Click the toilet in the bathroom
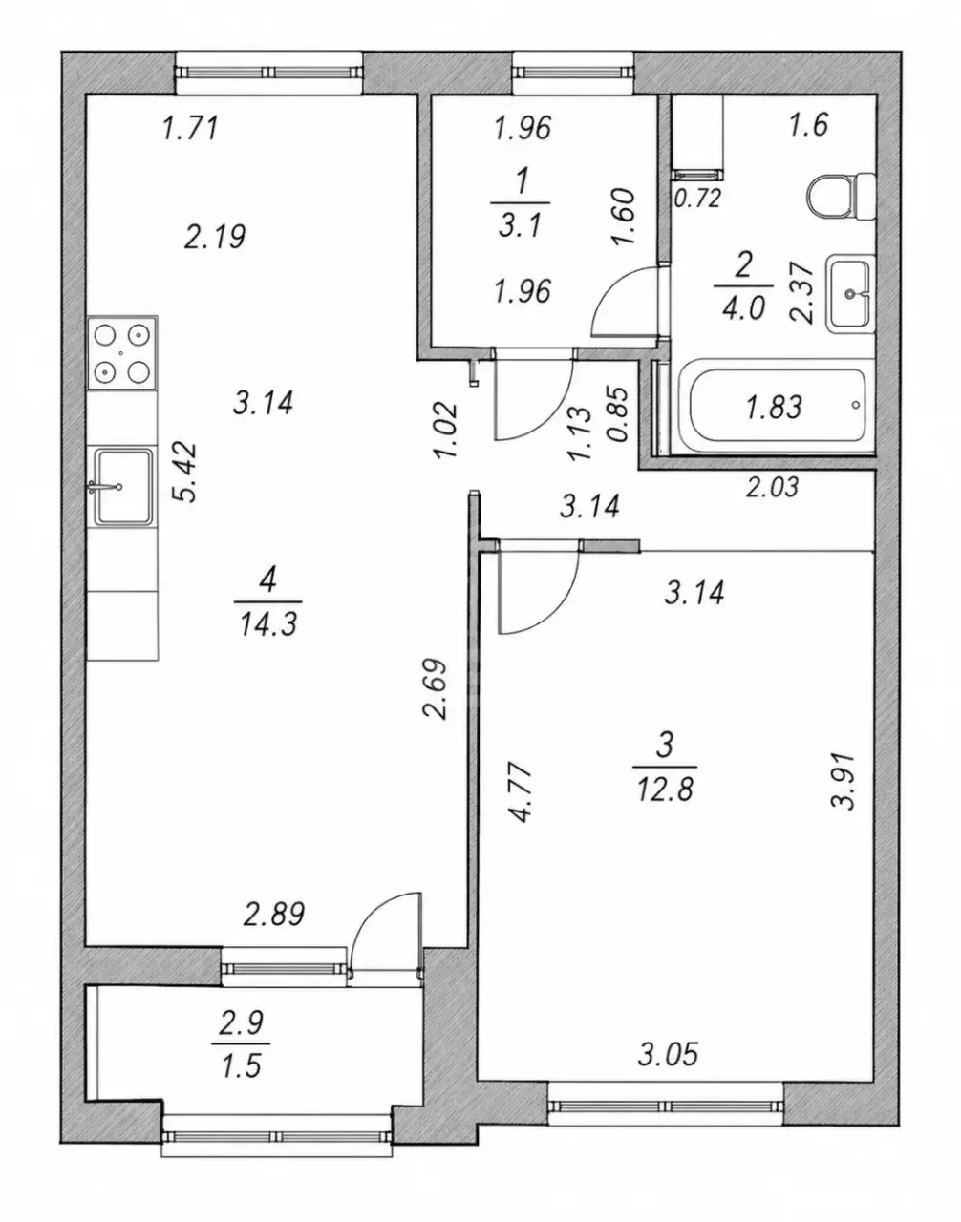coord(841,197)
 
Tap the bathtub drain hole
coord(856,405)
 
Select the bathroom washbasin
coord(850,293)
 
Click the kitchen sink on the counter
coord(123,487)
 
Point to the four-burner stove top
coord(122,352)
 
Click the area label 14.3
coord(267,624)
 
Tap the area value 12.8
coord(665,790)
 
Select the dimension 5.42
coord(185,473)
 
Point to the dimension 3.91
coord(844,781)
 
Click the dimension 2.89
coord(273,930)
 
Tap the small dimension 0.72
coord(697,199)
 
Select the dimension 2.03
coord(772,487)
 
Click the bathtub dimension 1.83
coord(774,407)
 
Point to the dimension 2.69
coord(436,688)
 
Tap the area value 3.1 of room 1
coord(520,226)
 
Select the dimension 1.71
coord(189,128)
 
